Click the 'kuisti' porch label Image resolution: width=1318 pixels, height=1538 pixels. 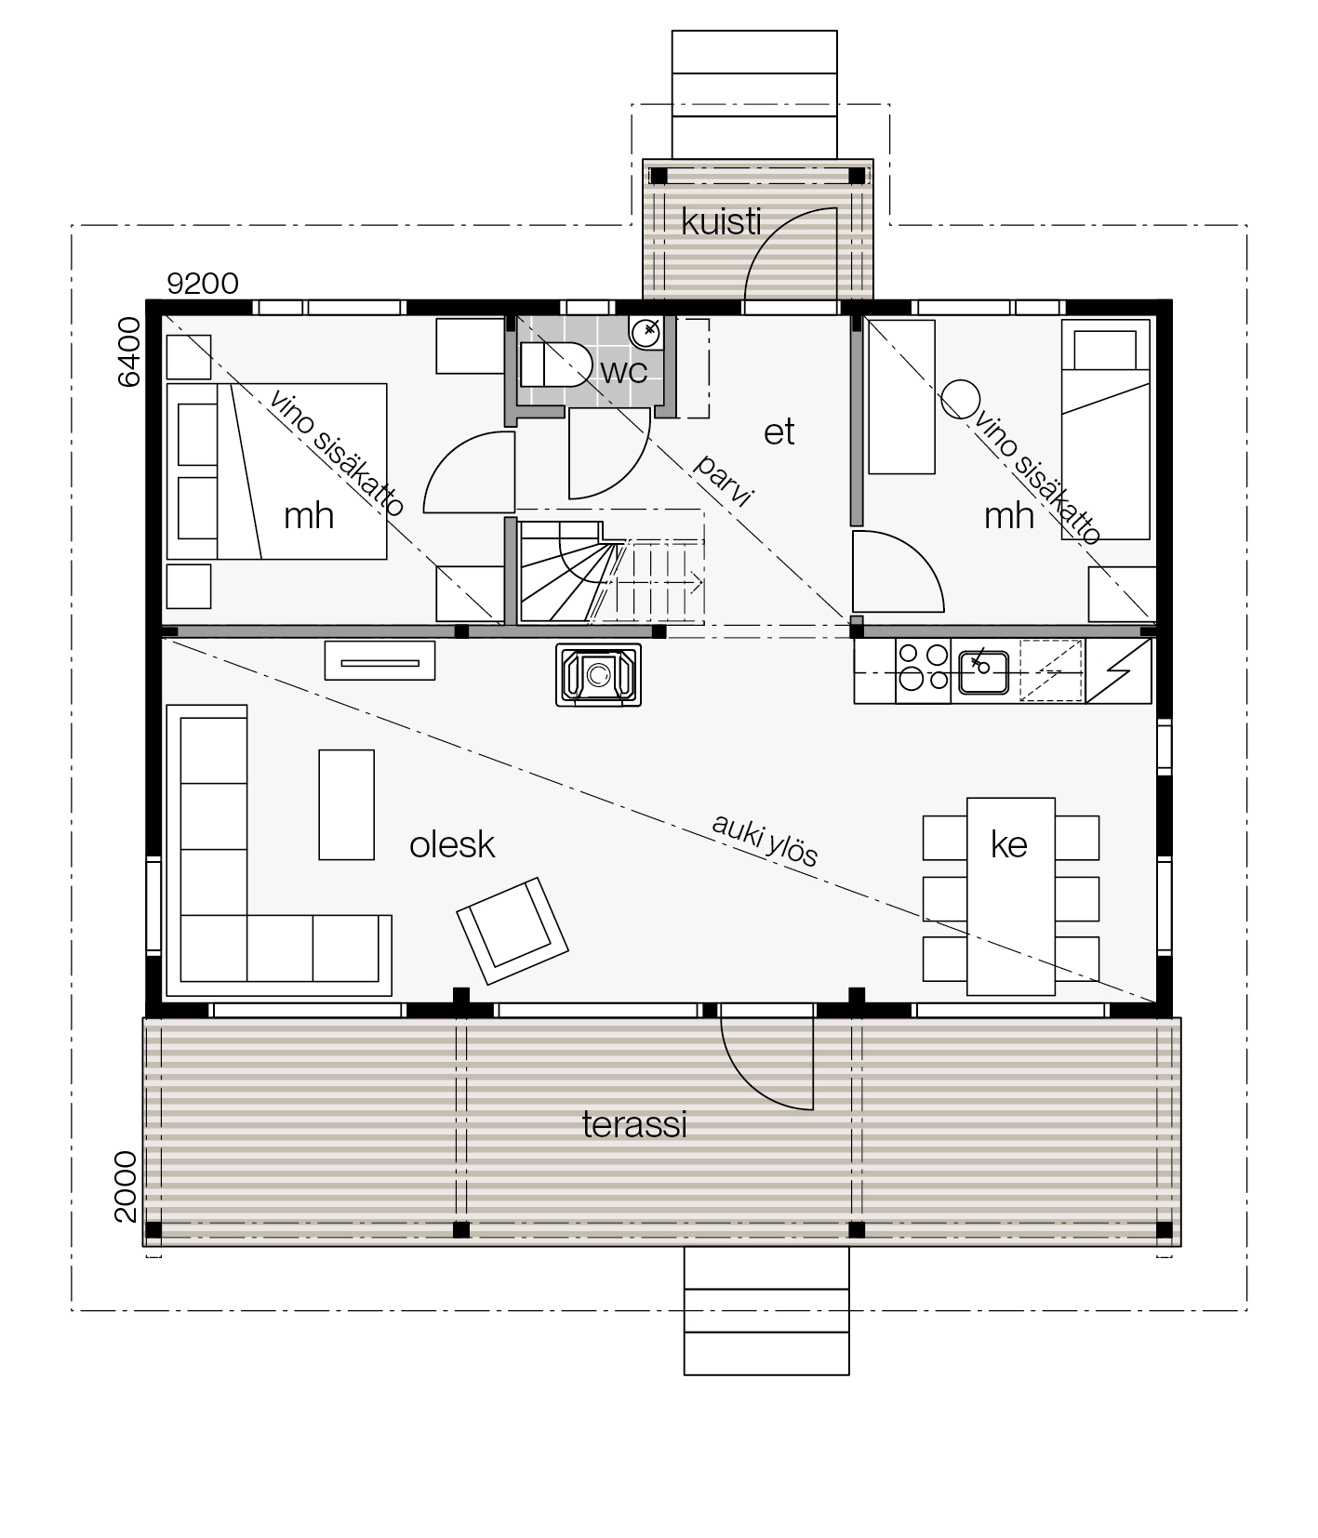(721, 222)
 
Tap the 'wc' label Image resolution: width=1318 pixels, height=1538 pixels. (623, 371)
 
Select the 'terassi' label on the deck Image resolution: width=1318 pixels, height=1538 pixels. (634, 1125)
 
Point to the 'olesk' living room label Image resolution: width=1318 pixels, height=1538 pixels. (452, 844)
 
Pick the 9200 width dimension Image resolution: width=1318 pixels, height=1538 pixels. (203, 283)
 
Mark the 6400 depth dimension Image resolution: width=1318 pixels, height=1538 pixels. (129, 351)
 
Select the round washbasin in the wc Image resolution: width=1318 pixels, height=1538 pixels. (646, 330)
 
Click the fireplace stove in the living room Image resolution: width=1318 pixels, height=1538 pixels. (599, 674)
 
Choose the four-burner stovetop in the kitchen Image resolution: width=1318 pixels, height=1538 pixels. (924, 669)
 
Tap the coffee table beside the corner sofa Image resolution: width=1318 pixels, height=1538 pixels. (347, 804)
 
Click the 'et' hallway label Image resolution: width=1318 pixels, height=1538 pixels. (779, 431)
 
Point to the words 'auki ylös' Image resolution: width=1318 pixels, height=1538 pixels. (765, 840)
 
